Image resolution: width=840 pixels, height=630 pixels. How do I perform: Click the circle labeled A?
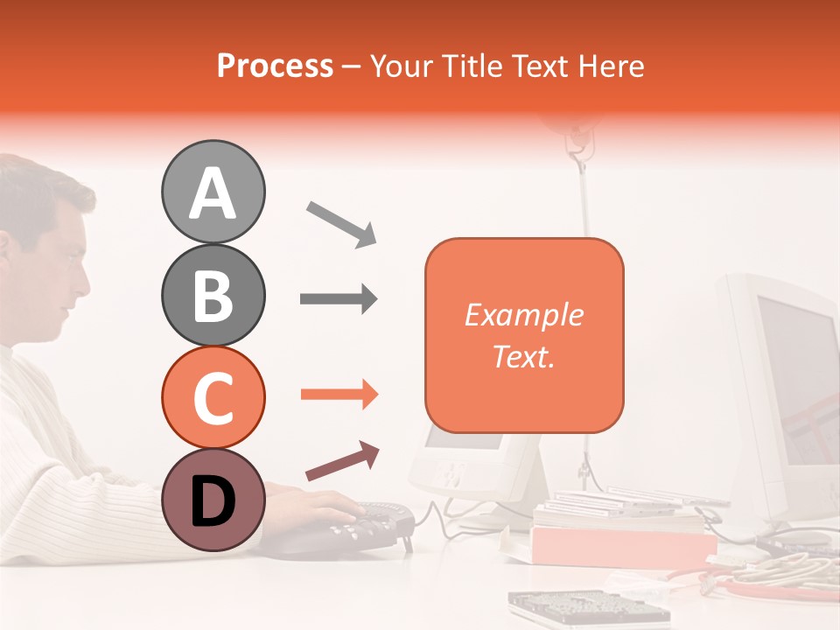click(x=213, y=192)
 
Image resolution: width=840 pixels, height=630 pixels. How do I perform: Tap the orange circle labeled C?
click(x=213, y=398)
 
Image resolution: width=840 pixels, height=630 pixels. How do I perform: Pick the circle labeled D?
click(x=213, y=500)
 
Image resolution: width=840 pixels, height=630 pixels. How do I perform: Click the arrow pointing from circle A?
click(x=341, y=222)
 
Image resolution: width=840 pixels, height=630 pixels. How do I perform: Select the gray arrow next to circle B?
click(x=339, y=299)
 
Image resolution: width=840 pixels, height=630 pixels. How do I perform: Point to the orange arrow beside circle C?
click(x=339, y=395)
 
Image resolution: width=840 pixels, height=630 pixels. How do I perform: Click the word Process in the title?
click(x=275, y=66)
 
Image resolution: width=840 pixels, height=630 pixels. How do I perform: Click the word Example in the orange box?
click(x=523, y=315)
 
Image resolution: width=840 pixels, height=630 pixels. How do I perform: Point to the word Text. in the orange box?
click(x=523, y=356)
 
